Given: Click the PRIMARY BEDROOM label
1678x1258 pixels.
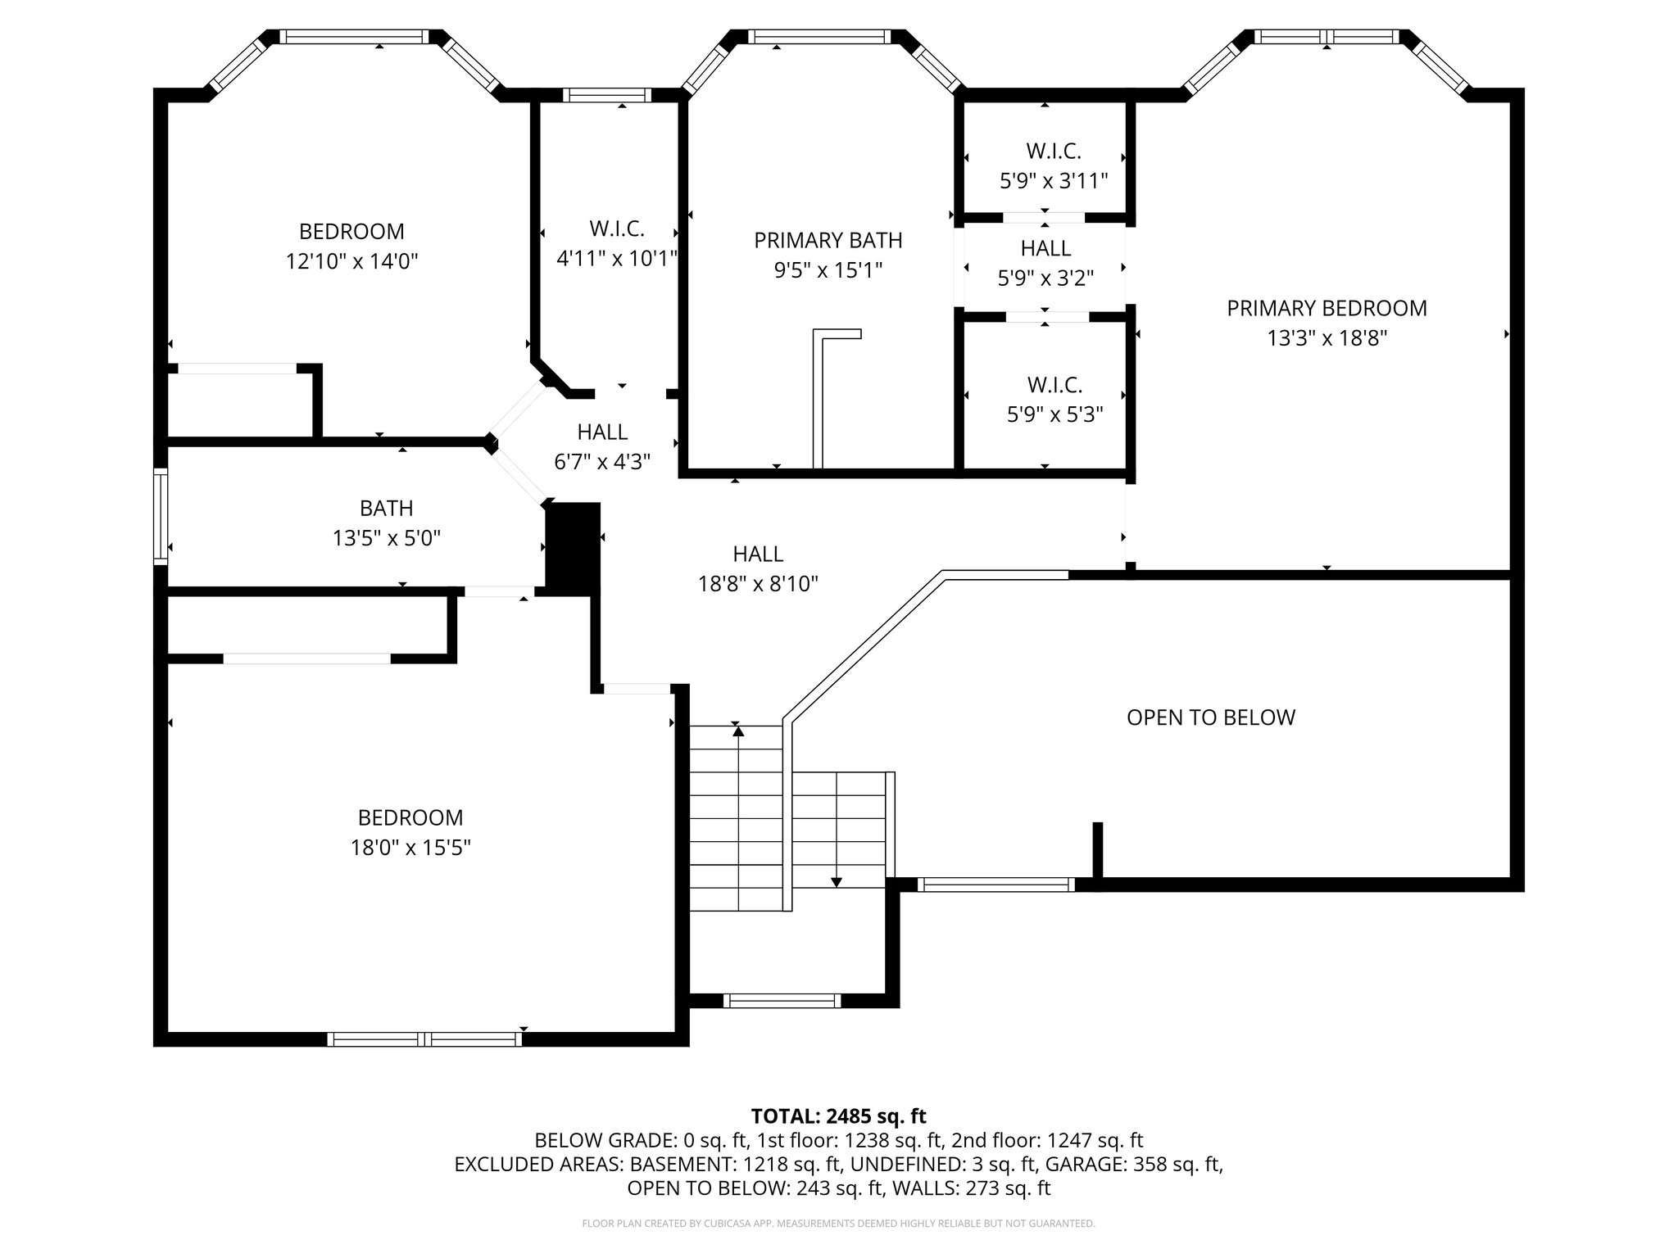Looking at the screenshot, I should (1327, 308).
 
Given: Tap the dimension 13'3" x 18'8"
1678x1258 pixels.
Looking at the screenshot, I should (1327, 338).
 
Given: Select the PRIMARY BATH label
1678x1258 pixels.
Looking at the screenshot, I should (828, 240).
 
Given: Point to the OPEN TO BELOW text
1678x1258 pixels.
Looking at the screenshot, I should (1211, 717).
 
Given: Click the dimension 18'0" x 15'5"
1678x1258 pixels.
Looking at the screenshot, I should (410, 848).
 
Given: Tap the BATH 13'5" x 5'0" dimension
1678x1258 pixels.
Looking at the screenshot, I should (387, 538).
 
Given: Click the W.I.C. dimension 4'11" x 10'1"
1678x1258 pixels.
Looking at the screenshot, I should (617, 259).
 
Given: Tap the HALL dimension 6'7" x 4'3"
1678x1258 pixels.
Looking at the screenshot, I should (602, 462).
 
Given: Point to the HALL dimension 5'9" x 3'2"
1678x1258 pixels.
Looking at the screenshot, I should (1045, 278).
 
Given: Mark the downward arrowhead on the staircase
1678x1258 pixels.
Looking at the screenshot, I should (836, 882).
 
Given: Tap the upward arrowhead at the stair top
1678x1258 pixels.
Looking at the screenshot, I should (738, 731).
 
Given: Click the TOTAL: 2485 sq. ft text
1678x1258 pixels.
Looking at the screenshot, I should (838, 1115).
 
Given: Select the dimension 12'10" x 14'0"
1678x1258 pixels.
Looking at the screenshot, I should (351, 261).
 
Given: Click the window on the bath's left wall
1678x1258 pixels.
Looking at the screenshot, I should (161, 516).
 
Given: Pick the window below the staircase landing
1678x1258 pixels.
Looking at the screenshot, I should (782, 1000).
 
